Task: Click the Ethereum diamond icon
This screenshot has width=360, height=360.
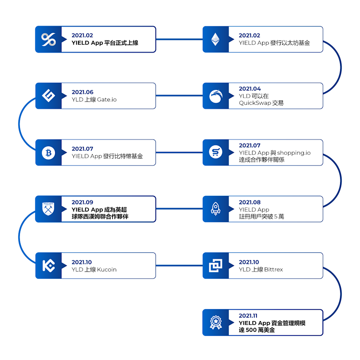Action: (216, 39)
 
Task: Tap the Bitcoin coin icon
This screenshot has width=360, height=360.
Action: (48, 153)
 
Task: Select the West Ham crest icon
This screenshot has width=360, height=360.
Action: (48, 209)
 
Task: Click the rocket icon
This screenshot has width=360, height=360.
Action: (216, 209)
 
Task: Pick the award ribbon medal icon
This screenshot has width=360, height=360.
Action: (216, 322)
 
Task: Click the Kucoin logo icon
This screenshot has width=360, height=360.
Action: (48, 265)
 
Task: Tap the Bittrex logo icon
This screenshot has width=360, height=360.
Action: (216, 265)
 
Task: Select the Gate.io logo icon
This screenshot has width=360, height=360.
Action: (48, 96)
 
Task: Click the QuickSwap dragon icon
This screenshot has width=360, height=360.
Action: (216, 96)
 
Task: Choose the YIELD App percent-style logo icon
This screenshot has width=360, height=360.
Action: (48, 39)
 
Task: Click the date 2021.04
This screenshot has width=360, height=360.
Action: (250, 89)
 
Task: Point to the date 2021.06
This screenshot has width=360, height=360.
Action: (82, 92)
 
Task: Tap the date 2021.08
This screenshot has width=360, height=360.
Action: (250, 202)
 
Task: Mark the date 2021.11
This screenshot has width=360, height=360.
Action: (248, 316)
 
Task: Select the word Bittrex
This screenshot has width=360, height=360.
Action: (274, 270)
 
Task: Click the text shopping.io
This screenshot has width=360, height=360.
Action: (294, 153)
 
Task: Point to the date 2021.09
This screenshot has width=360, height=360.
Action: (82, 202)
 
